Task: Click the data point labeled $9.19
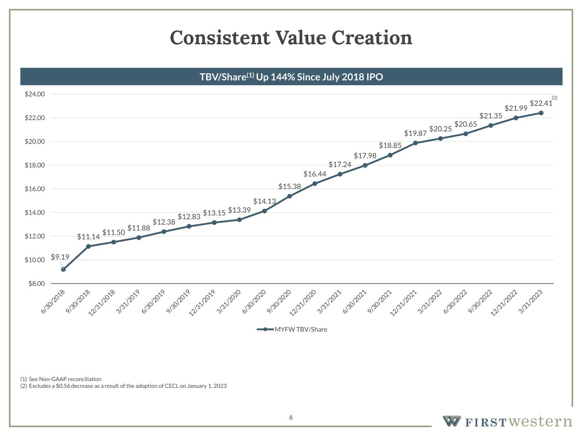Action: point(64,269)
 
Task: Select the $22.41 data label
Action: point(541,103)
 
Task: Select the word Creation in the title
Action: point(372,37)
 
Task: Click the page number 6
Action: point(291,417)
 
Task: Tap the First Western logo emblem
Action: point(452,421)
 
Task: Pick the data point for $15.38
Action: point(290,196)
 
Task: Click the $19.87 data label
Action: point(415,133)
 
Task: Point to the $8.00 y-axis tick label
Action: point(36,284)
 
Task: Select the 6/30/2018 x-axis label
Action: point(53,302)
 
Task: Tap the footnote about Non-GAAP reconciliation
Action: point(61,379)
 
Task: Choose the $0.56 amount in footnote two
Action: point(62,386)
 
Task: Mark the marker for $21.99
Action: point(516,118)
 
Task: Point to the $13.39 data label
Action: point(239,210)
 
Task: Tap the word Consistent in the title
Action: point(220,37)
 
